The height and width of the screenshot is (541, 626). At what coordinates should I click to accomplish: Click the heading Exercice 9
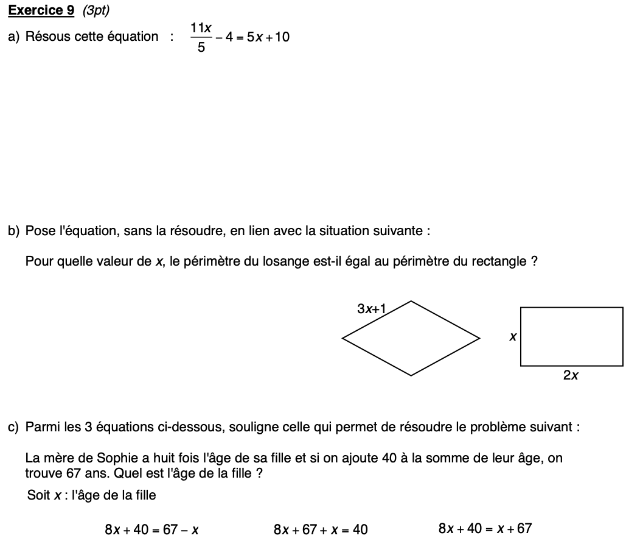pos(41,10)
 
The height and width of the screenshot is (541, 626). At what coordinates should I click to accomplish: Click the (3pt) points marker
pos(96,10)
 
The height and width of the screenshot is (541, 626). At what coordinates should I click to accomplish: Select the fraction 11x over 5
pos(201,37)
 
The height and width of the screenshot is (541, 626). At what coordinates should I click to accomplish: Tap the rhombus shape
pos(411,338)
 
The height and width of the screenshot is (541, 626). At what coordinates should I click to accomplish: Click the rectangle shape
pos(571,337)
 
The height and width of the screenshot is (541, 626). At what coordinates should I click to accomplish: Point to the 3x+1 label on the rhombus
pos(372,309)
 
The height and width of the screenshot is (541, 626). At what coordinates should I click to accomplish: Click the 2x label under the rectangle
pos(571,375)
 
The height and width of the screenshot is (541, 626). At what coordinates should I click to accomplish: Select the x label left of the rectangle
pos(513,336)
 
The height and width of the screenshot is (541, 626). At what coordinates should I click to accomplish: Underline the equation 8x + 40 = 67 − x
pos(152,529)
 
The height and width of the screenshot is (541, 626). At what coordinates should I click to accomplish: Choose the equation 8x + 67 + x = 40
pos(321,529)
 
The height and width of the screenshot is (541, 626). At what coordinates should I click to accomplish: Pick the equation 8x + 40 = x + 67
pos(485,528)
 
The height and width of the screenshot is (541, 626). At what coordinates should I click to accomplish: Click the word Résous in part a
pos(48,37)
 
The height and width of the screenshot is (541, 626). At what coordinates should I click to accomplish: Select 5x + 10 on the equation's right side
pos(268,37)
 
